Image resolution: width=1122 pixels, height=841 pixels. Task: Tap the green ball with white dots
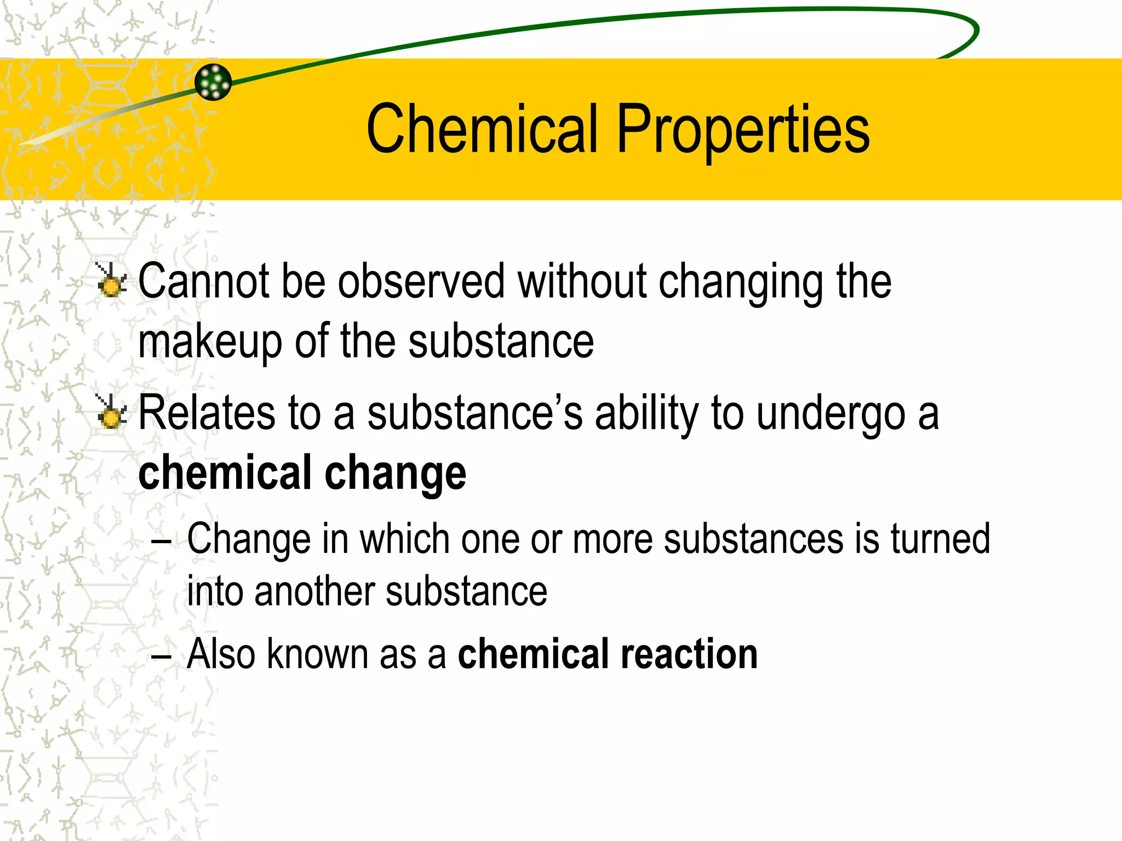213,82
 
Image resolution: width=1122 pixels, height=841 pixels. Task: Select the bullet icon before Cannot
112,281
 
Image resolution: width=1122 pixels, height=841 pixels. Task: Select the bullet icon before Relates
112,412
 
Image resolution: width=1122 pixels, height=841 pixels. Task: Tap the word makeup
210,343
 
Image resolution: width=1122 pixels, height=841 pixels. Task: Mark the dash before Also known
161,656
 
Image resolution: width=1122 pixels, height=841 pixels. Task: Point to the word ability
647,414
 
